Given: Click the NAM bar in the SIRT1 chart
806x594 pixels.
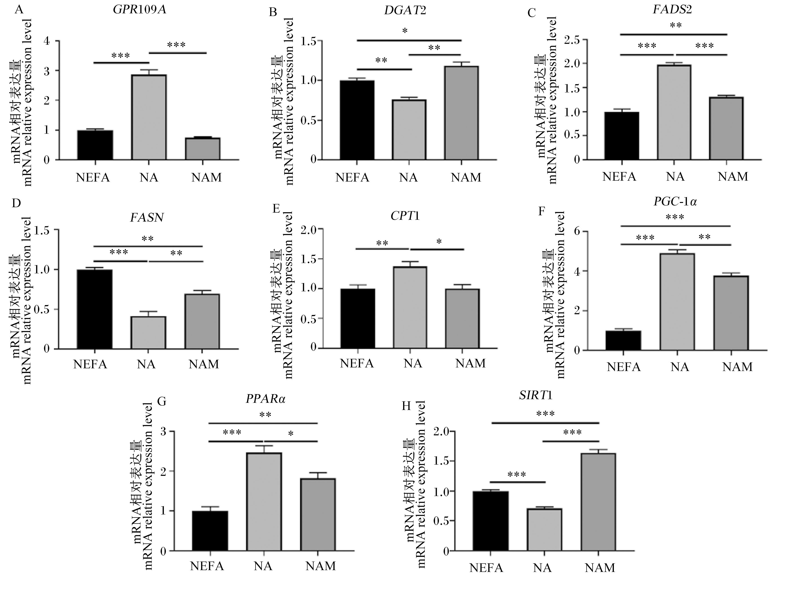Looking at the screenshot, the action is [x=598, y=502].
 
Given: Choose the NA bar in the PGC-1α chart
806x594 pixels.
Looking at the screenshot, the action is [x=677, y=302].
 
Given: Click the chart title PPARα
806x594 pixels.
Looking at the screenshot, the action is [x=266, y=399].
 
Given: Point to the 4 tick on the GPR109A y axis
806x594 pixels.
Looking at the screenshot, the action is [x=47, y=41].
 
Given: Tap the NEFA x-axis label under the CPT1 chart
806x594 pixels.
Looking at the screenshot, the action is [x=357, y=363].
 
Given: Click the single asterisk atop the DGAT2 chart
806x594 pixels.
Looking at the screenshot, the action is [x=405, y=31].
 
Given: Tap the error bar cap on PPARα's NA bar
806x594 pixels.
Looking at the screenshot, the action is [x=264, y=446].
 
